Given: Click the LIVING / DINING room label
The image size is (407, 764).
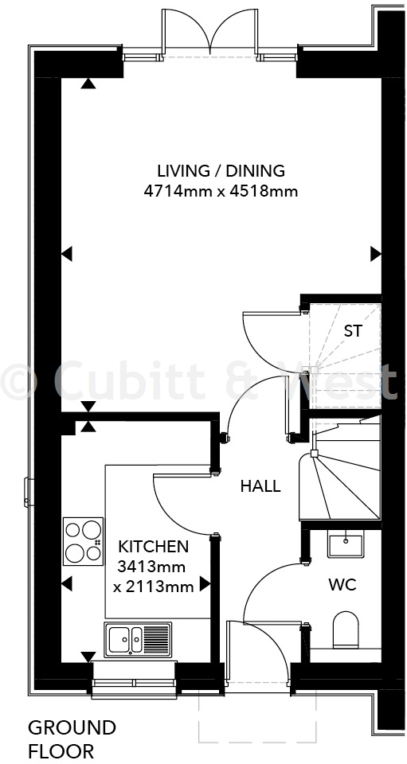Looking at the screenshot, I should (x=221, y=171).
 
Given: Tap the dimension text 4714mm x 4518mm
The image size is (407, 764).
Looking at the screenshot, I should (x=221, y=191).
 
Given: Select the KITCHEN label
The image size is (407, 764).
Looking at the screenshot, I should (x=154, y=547).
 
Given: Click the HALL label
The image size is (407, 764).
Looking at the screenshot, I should (x=260, y=486).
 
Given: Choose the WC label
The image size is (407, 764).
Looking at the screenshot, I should (x=342, y=585).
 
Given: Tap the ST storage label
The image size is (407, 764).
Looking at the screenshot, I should (x=353, y=331).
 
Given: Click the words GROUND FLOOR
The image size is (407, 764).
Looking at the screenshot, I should (x=72, y=739).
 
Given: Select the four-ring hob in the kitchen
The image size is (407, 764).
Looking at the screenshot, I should (x=83, y=541).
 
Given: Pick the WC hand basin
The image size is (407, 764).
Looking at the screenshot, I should (x=345, y=545).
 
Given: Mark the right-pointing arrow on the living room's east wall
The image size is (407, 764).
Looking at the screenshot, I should (x=375, y=254).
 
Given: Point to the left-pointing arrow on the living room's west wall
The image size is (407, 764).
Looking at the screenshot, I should (x=68, y=254).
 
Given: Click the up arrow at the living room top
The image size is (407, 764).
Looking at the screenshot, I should (x=87, y=82).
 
